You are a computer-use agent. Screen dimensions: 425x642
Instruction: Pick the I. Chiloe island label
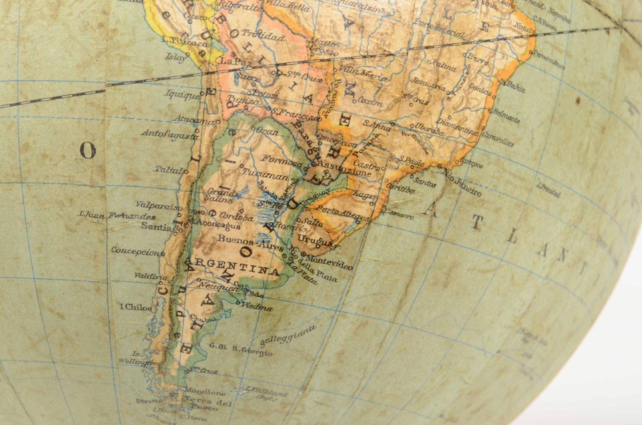(136, 308)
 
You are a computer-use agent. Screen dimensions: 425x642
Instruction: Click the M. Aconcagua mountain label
(214, 226)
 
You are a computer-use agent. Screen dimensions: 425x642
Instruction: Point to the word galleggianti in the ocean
(288, 336)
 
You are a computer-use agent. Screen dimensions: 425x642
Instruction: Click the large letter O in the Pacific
(88, 151)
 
